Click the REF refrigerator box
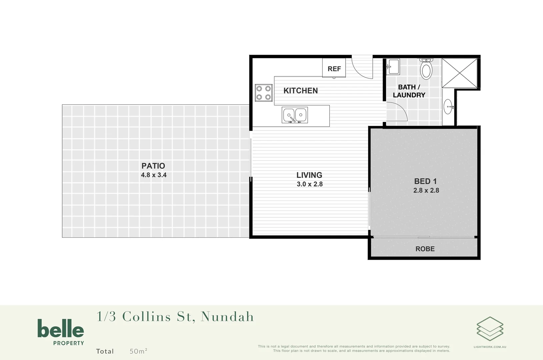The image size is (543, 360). point(334,68)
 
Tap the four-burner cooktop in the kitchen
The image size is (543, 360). point(263,93)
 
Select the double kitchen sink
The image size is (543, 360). point(295,115)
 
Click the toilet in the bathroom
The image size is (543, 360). point(426,69)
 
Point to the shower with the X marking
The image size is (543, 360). point(459,73)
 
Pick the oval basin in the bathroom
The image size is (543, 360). point(448,107)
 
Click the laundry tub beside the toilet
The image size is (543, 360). point(393,66)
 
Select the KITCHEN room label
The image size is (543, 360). point(300,91)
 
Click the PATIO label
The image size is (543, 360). point(153,166)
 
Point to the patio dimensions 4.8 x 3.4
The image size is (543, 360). point(154,175)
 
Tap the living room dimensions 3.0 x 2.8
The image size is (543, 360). point(310,184)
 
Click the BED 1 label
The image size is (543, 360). point(425,181)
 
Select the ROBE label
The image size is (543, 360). point(425,249)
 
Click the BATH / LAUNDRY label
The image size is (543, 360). point(409,91)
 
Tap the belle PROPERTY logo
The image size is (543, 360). point(61,332)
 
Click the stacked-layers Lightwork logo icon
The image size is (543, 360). point(490,329)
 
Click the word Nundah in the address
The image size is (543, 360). point(227,317)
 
